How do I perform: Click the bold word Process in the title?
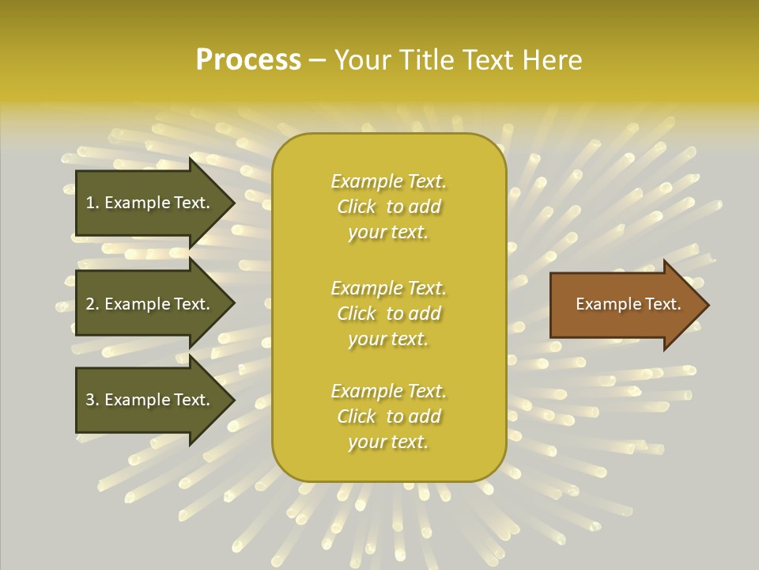tap(248, 60)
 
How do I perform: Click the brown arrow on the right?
tap(625, 304)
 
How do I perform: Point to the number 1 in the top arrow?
tap(90, 203)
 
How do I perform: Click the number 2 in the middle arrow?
tap(90, 304)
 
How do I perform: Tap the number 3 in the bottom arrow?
tap(90, 400)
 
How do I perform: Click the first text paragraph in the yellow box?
tap(388, 207)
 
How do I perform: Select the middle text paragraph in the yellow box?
tap(388, 313)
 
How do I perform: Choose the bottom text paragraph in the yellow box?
tap(388, 416)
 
